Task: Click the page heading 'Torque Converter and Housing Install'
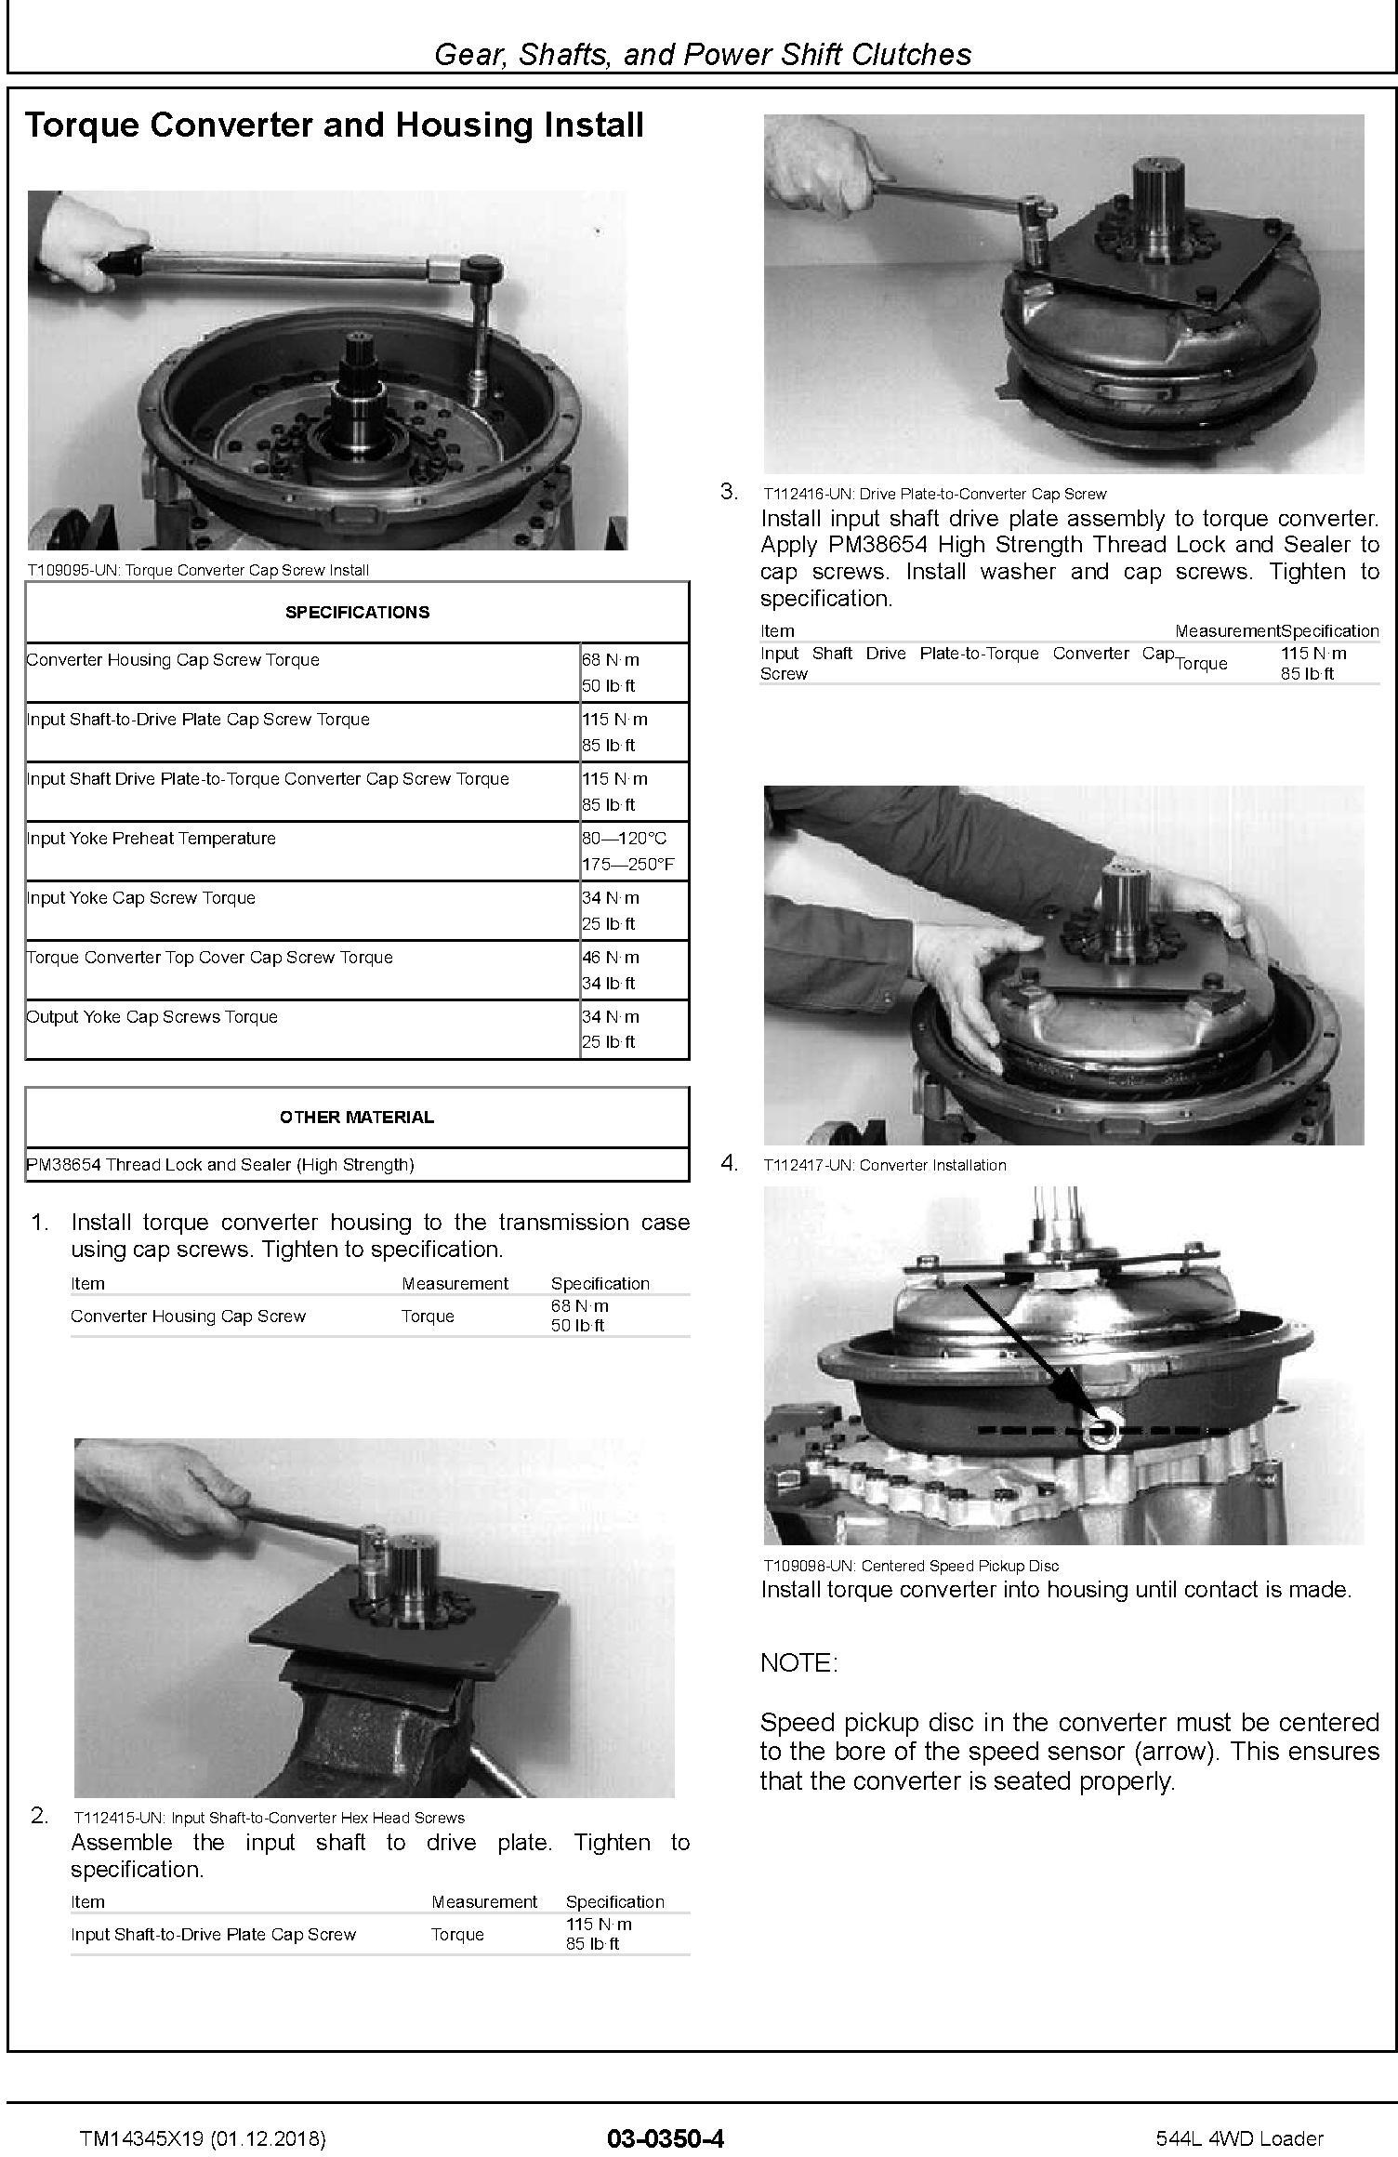coord(334,125)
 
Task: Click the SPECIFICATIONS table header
coord(357,612)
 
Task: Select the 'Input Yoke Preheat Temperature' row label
coord(152,838)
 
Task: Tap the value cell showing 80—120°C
coord(624,838)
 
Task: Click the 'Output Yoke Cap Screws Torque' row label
coord(152,1016)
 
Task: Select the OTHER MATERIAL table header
coord(357,1117)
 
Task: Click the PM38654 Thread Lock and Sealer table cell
coord(220,1164)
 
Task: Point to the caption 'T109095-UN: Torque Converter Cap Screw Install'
coord(198,570)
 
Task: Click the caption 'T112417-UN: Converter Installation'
coord(885,1165)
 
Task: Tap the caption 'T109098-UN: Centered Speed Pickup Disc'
coord(911,1566)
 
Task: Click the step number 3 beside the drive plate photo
coord(730,492)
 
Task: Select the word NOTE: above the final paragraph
coord(798,1662)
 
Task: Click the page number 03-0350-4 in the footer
coord(665,2138)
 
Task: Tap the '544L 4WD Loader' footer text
coord(1239,2138)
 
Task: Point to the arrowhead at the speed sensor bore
coord(1093,1417)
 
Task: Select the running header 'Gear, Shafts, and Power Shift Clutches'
coord(703,54)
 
